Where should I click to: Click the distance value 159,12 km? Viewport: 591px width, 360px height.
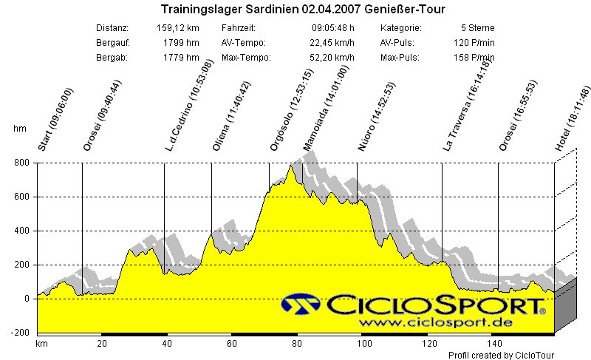(178, 28)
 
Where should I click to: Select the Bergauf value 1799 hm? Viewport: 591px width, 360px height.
(182, 43)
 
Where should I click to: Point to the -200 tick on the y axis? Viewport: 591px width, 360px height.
(18, 333)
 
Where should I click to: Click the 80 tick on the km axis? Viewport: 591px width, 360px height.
(297, 344)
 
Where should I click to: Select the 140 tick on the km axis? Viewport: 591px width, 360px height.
(493, 344)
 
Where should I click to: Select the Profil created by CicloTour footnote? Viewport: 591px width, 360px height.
(501, 355)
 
